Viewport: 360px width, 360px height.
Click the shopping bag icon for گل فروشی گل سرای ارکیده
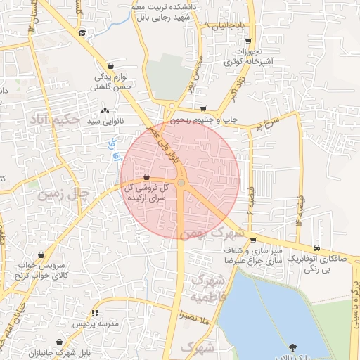146,177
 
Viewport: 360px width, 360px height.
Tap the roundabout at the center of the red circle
181,183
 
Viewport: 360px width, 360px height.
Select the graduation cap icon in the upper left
82,33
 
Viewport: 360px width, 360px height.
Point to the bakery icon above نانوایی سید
105,110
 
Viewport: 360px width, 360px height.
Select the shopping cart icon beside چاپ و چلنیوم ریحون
204,109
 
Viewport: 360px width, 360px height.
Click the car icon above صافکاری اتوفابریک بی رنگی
318,247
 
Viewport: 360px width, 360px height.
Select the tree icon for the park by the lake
292,347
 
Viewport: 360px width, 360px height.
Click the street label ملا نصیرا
195,316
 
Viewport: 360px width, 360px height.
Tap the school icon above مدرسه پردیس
94,313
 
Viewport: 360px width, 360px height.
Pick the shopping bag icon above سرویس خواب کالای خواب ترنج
41,255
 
